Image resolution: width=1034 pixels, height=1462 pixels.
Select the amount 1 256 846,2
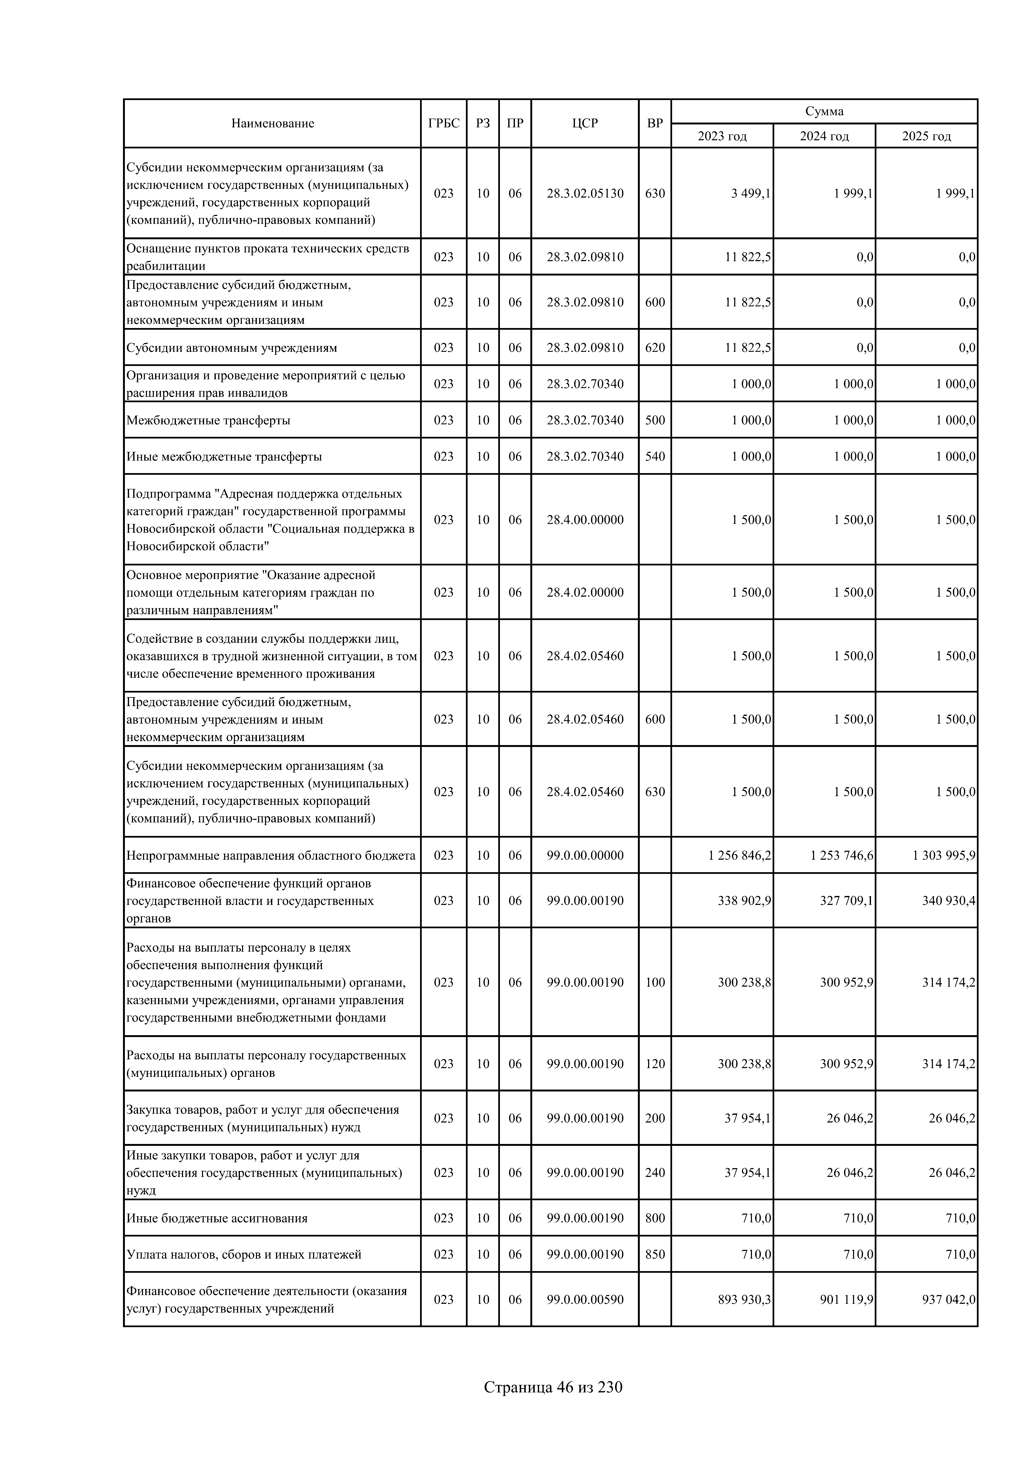[739, 855]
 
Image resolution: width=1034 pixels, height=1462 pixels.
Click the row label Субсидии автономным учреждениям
[231, 348]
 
